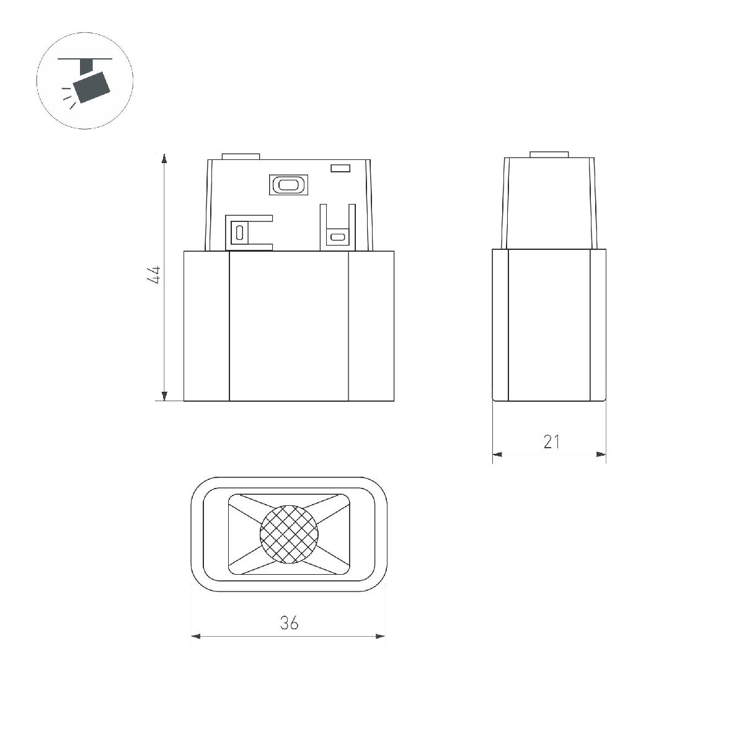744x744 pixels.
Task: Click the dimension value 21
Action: click(551, 441)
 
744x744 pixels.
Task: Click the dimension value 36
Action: click(289, 622)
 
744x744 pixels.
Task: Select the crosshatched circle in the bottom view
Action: click(289, 534)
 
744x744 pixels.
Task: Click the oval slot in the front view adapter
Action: click(287, 184)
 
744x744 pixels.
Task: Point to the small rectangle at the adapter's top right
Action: click(340, 167)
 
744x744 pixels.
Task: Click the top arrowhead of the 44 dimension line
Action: click(164, 158)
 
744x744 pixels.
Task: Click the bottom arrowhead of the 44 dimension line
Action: click(164, 396)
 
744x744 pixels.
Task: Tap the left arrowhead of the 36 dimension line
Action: click(197, 636)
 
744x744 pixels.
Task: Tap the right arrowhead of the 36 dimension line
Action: click(380, 636)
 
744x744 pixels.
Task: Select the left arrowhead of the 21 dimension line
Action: click(497, 454)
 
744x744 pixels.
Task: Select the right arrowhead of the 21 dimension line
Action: click(601, 454)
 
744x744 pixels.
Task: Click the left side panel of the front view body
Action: click(206, 325)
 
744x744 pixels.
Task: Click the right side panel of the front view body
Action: click(371, 325)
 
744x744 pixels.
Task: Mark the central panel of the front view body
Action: click(289, 325)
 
